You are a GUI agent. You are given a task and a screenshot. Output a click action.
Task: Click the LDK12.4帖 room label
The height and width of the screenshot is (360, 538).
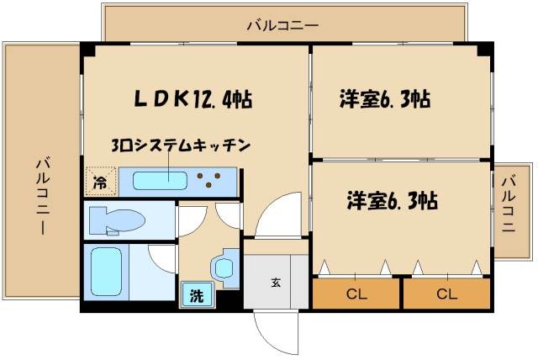(x=193, y=98)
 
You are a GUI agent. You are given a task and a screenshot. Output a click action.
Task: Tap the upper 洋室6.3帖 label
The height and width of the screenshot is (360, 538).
(x=384, y=99)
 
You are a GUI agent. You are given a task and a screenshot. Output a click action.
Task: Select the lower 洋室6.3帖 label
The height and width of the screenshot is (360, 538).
(x=393, y=201)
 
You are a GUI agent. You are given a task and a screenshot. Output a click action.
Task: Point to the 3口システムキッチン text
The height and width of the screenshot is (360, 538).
(x=180, y=146)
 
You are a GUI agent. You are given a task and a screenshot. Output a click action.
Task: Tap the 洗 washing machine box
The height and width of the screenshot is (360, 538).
(x=195, y=295)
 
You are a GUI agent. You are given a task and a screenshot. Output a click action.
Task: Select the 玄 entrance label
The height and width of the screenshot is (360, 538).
(x=276, y=283)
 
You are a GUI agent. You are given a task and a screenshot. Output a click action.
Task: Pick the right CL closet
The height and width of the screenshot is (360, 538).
(x=446, y=294)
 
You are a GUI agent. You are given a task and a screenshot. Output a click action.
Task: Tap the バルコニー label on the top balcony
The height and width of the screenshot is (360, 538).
(x=282, y=25)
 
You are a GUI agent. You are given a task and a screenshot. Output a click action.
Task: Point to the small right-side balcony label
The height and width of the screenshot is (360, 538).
(x=508, y=206)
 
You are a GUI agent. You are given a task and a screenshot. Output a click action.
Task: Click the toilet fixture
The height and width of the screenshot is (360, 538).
(x=117, y=220)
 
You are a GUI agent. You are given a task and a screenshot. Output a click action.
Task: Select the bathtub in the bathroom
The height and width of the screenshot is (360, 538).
(x=107, y=271)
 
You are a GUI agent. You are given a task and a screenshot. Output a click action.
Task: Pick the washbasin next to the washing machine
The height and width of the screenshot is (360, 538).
(x=224, y=267)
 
